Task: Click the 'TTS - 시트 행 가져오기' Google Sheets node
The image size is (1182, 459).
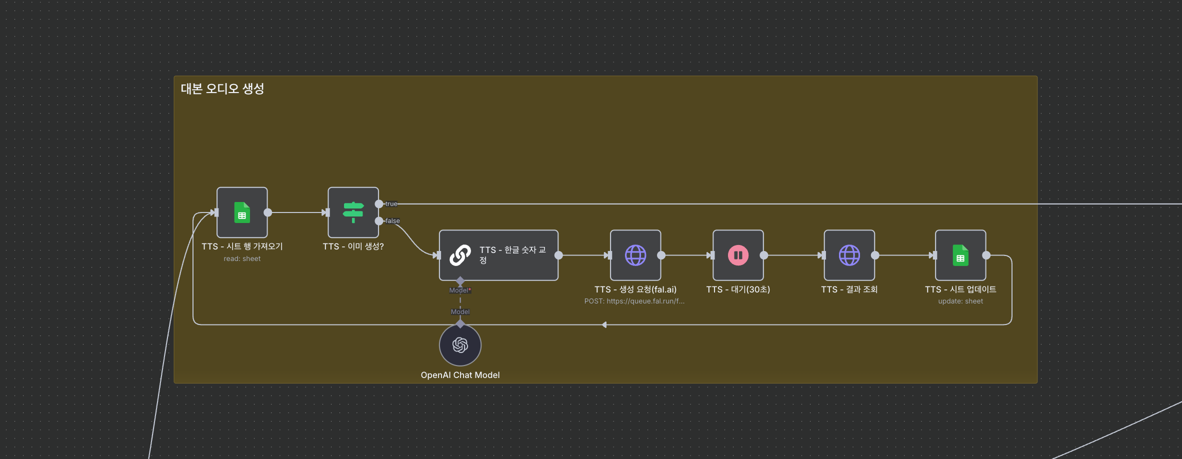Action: pyautogui.click(x=242, y=212)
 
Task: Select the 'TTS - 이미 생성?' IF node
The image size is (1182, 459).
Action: pyautogui.click(x=353, y=212)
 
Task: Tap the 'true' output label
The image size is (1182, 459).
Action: pyautogui.click(x=391, y=204)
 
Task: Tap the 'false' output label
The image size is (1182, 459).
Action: pyautogui.click(x=392, y=221)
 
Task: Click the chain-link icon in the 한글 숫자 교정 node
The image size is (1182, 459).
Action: pyautogui.click(x=460, y=255)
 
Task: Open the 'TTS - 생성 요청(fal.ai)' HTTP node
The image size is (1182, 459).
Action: pyautogui.click(x=635, y=255)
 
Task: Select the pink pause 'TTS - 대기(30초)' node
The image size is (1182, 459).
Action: pyautogui.click(x=738, y=255)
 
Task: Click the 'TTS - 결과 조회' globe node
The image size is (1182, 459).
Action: pyautogui.click(x=849, y=255)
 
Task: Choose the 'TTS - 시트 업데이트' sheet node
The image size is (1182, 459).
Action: pyautogui.click(x=960, y=255)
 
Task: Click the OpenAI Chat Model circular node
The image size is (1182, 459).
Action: pyautogui.click(x=460, y=345)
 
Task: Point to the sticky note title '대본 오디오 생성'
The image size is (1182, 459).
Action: pyautogui.click(x=222, y=89)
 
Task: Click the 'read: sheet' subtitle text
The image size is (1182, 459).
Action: pyautogui.click(x=242, y=259)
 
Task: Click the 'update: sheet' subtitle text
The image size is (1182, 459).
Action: pyautogui.click(x=960, y=301)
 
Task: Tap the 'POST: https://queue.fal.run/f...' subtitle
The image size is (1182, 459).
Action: pyautogui.click(x=634, y=301)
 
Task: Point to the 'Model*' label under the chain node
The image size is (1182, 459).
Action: pyautogui.click(x=460, y=290)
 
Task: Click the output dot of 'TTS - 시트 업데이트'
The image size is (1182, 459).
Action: pyautogui.click(x=986, y=255)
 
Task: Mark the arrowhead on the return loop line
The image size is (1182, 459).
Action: pyautogui.click(x=604, y=325)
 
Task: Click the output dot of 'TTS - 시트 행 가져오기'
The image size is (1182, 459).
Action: pyautogui.click(x=268, y=212)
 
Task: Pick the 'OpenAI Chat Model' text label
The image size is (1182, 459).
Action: pyautogui.click(x=460, y=375)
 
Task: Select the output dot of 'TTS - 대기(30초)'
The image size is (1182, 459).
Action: pyautogui.click(x=764, y=255)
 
